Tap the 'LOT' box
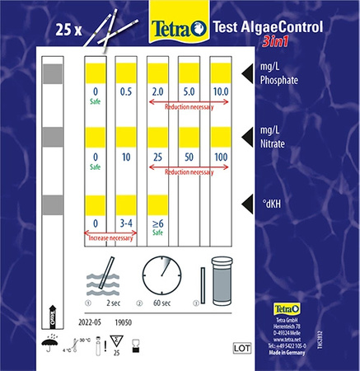(242, 347)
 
